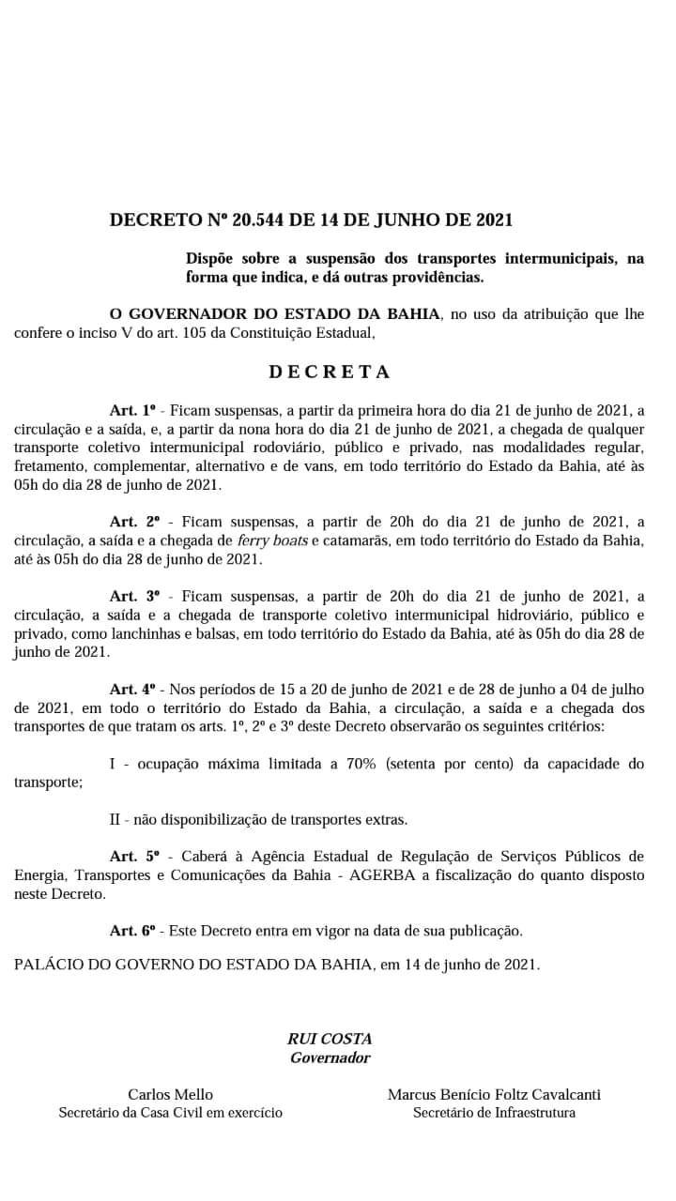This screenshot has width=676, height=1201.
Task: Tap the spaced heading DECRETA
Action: click(330, 372)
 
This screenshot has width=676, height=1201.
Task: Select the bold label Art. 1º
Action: click(135, 410)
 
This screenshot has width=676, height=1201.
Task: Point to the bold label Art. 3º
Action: click(135, 596)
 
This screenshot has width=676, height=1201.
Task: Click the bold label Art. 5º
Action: click(135, 856)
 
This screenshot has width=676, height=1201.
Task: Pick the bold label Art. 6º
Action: click(135, 931)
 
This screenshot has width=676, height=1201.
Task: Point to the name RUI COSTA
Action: click(330, 1039)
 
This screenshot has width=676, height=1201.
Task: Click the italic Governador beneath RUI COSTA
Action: click(330, 1057)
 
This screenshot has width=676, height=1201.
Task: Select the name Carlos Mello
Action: click(170, 1094)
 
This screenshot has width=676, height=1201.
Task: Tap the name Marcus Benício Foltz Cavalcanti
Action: click(494, 1094)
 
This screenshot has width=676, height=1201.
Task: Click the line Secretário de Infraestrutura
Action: click(494, 1113)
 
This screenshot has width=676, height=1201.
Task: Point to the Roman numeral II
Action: click(115, 819)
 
